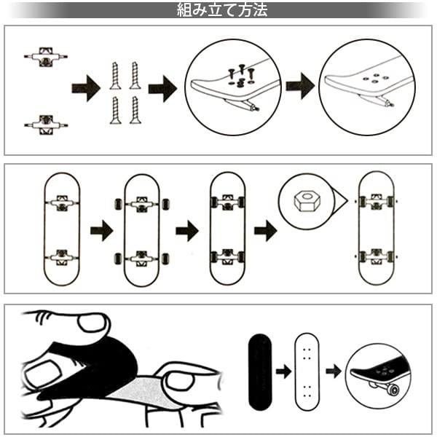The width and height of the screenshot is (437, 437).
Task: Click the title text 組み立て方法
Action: (222, 10)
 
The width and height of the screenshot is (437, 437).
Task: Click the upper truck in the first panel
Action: (46, 57)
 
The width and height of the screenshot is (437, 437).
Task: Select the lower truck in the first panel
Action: (46, 125)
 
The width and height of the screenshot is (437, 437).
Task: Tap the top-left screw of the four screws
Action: (115, 76)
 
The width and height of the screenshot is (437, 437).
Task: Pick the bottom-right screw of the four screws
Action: (135, 110)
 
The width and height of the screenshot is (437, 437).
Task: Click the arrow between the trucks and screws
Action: (86, 88)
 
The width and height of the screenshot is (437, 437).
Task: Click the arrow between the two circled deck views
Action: (300, 86)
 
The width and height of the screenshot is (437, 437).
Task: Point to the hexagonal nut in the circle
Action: (307, 201)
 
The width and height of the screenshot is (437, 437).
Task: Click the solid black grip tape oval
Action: (260, 372)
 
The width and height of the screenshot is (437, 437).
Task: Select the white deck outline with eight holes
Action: (307, 371)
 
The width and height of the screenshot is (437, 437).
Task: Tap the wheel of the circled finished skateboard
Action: (393, 390)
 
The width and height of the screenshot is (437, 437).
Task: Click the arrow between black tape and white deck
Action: (284, 371)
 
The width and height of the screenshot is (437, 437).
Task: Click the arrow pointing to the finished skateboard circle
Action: (334, 371)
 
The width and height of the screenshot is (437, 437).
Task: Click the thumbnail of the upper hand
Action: (92, 323)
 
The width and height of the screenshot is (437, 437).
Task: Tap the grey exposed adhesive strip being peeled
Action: (139, 392)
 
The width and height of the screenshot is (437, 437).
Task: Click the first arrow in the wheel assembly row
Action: (102, 231)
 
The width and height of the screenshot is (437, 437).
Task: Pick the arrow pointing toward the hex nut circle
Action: (266, 231)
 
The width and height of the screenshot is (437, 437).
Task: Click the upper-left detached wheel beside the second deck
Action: (119, 204)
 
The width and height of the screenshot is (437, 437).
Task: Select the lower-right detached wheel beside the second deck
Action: (165, 259)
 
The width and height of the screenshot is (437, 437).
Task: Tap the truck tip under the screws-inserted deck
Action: (254, 108)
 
